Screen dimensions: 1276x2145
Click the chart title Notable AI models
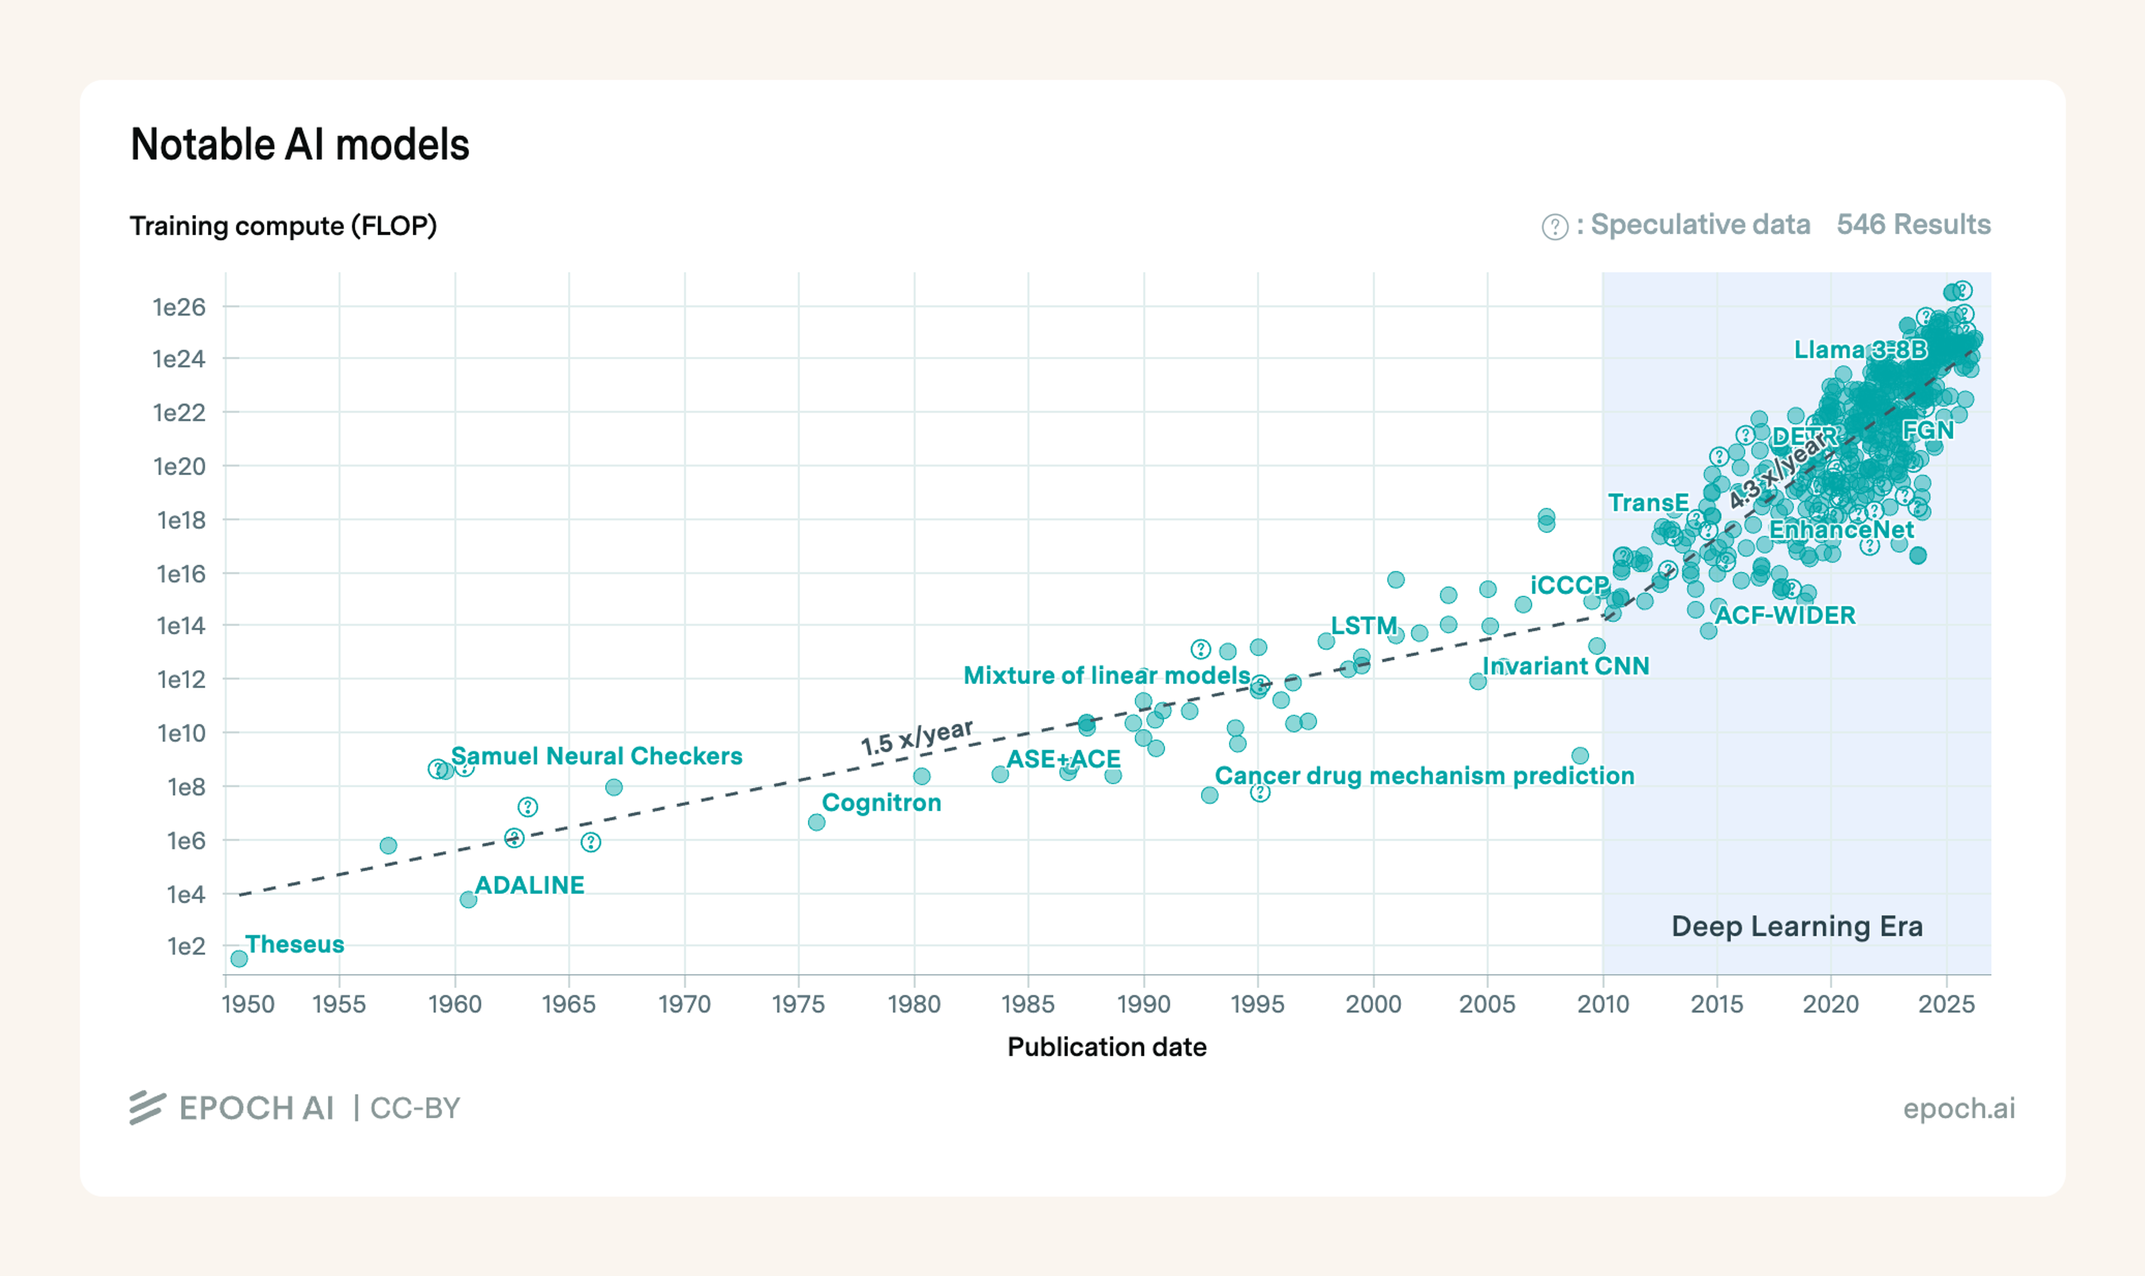[299, 145]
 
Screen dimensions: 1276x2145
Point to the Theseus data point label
[294, 944]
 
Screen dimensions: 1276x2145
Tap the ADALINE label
[529, 885]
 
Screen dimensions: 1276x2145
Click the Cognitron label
[881, 802]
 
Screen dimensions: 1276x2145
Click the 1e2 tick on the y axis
[186, 947]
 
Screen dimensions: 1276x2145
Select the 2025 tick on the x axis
[1946, 1004]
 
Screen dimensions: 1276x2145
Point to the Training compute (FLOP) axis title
[283, 226]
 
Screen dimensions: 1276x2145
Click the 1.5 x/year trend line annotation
[917, 738]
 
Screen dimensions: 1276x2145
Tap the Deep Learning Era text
[1796, 926]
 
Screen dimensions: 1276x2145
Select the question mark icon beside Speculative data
[1554, 226]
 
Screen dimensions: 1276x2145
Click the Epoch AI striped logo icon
[147, 1107]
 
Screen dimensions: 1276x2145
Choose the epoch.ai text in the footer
[1958, 1108]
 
